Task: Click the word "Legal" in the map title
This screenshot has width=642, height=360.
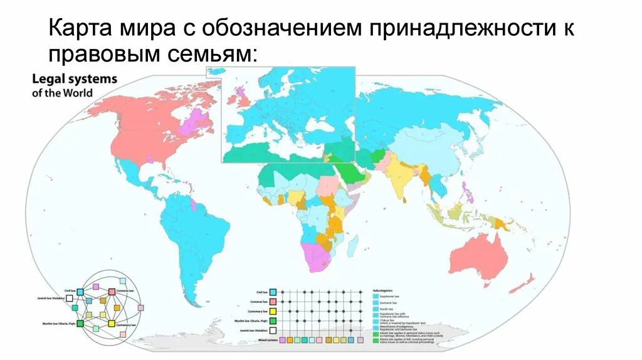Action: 47,80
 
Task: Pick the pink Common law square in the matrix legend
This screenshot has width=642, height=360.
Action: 273,302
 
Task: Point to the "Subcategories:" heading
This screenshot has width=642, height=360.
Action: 384,291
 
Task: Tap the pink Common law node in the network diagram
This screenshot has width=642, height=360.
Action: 112,292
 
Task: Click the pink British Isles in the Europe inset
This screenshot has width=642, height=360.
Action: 238,97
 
